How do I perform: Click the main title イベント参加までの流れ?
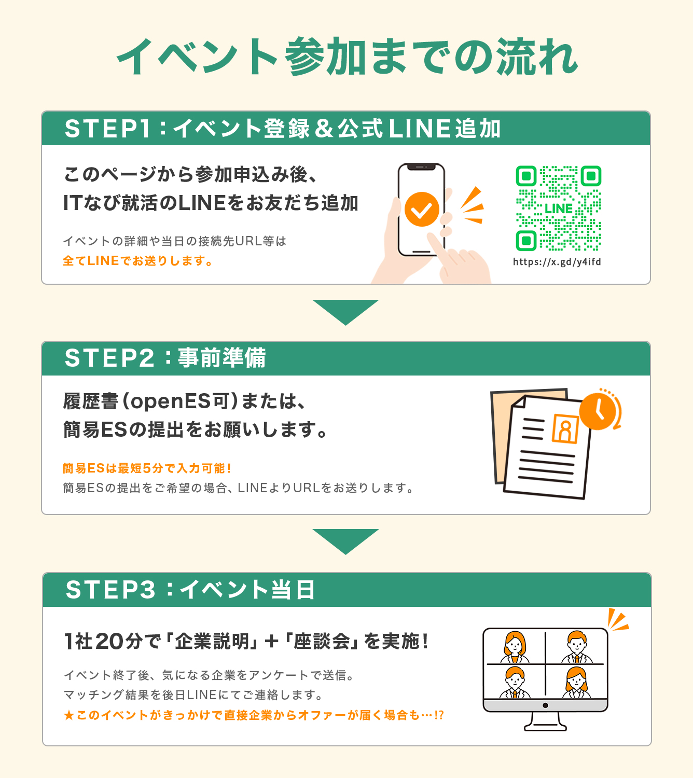tap(347, 57)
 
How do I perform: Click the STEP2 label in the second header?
tap(109, 358)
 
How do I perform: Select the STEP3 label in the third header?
tap(110, 589)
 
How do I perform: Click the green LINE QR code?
tap(558, 208)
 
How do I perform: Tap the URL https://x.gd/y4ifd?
tap(557, 262)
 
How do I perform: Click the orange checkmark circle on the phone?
tap(422, 210)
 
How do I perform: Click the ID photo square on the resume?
tap(565, 429)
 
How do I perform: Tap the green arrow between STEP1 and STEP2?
tap(346, 311)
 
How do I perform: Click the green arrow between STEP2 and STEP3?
tap(346, 541)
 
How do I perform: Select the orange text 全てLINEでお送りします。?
tap(137, 261)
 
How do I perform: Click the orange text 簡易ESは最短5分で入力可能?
tap(146, 468)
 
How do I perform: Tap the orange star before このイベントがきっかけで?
tap(69, 715)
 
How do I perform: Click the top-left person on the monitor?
tap(515, 647)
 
